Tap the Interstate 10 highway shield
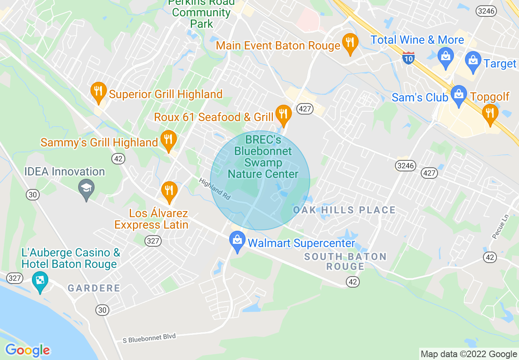408,57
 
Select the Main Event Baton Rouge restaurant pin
350,43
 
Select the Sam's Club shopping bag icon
459,95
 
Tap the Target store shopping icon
473,61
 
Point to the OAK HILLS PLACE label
344,210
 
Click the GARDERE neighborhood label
94,288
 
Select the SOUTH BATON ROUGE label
346,261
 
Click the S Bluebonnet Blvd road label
149,338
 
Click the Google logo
27,350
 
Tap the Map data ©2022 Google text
469,354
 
